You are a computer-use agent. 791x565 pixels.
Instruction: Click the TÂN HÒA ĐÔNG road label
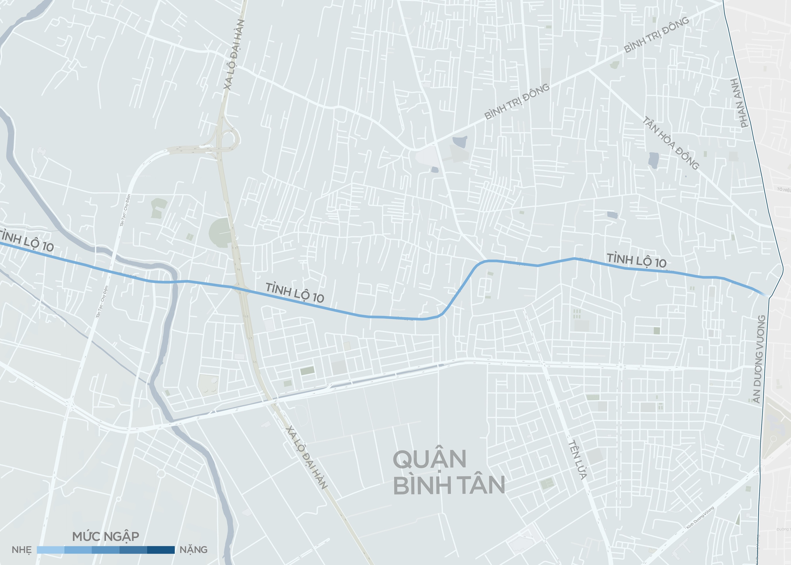(x=670, y=143)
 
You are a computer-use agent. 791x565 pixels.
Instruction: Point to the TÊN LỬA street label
(x=578, y=460)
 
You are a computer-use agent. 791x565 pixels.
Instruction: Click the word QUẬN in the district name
(x=429, y=459)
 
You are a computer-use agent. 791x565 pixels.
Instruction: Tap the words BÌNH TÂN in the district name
(x=449, y=485)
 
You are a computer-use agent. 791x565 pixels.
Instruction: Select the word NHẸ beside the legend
(x=22, y=550)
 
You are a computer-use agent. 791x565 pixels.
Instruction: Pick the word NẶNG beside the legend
(x=193, y=550)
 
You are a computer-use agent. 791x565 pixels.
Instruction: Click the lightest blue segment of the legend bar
(x=51, y=550)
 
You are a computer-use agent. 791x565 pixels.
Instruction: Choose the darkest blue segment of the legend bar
(x=161, y=550)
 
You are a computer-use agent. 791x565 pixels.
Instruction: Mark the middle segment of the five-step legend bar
(x=105, y=550)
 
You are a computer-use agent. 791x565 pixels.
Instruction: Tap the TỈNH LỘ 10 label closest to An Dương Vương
(x=637, y=261)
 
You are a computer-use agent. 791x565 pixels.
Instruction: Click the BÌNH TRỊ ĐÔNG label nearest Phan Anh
(x=656, y=35)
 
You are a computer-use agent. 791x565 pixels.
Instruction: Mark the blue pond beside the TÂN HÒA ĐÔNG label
(x=653, y=160)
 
